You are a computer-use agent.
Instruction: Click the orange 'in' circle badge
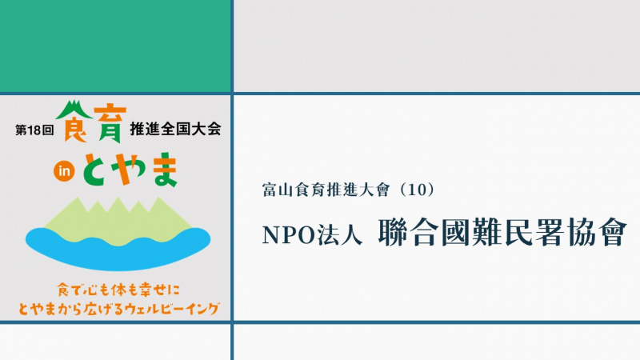(x=64, y=171)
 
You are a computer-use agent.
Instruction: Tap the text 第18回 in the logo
(x=34, y=130)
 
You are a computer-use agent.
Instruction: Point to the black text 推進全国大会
(x=175, y=129)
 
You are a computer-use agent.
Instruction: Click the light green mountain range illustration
(x=118, y=221)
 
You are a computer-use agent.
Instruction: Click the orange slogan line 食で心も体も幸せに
(x=118, y=290)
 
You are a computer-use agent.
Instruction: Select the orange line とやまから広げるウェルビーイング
(x=118, y=309)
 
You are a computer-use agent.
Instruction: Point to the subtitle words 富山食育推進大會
(x=326, y=190)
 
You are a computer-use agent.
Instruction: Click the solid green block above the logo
(x=115, y=46)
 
